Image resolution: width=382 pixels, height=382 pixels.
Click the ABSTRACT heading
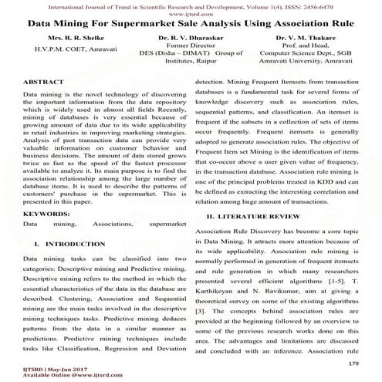[45, 80]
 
